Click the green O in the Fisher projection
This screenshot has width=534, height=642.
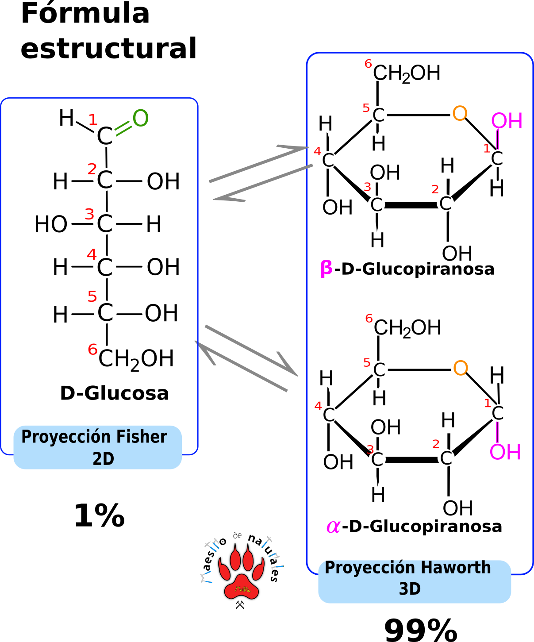coord(140,118)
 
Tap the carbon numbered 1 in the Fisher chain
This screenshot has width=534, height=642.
coord(105,135)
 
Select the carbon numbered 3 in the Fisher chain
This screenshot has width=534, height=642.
coord(105,223)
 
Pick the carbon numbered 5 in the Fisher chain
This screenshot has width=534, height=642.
coord(105,312)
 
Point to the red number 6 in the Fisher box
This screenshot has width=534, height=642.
coord(92,350)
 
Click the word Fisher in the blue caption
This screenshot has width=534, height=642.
coord(149,437)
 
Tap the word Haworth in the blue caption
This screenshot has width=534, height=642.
coord(455,568)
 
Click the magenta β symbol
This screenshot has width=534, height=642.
coord(326,268)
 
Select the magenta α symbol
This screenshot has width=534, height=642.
coord(333,527)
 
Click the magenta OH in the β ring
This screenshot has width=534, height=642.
coord(507,121)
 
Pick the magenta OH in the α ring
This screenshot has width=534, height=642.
coord(505,452)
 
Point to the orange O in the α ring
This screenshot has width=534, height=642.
coord(461,368)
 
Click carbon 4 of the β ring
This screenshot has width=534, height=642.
coord(328,160)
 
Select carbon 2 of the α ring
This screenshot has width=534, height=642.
coord(446,458)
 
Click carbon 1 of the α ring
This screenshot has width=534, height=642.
coord(498,413)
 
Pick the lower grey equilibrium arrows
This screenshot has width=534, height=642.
coord(246,358)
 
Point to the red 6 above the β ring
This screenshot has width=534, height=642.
coord(368,64)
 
